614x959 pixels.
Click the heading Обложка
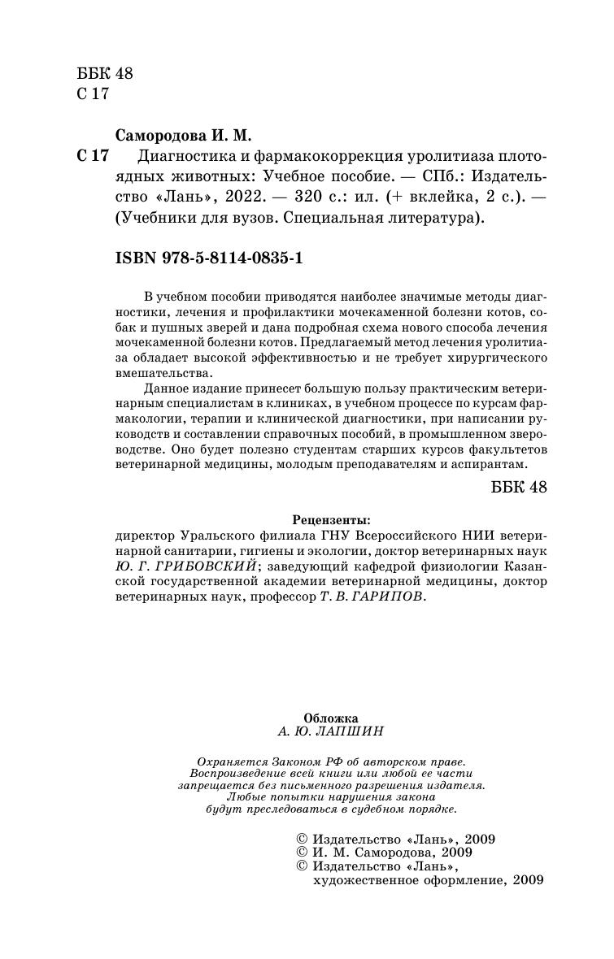(330, 718)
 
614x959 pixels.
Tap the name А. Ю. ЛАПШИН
(330, 731)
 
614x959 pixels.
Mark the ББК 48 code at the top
(105, 73)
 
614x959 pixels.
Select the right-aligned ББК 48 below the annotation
(520, 487)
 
